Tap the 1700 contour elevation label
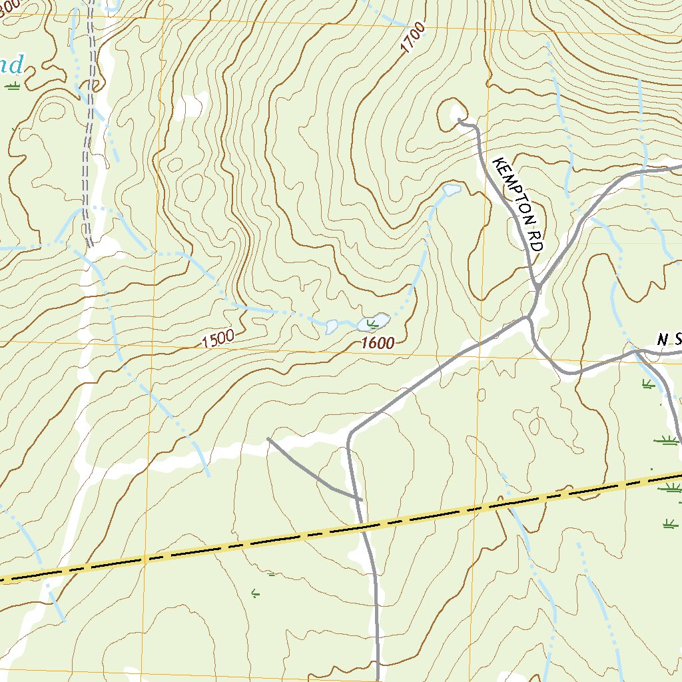[x=413, y=39]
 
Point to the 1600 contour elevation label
[x=378, y=344]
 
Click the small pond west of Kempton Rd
[x=452, y=190]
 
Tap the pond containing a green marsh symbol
[x=373, y=322]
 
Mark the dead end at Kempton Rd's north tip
[x=460, y=121]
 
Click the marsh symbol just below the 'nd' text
[x=13, y=85]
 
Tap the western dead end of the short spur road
[x=268, y=438]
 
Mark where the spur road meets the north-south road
[x=360, y=498]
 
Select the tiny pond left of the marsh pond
[x=332, y=326]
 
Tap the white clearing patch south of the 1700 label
[x=192, y=105]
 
